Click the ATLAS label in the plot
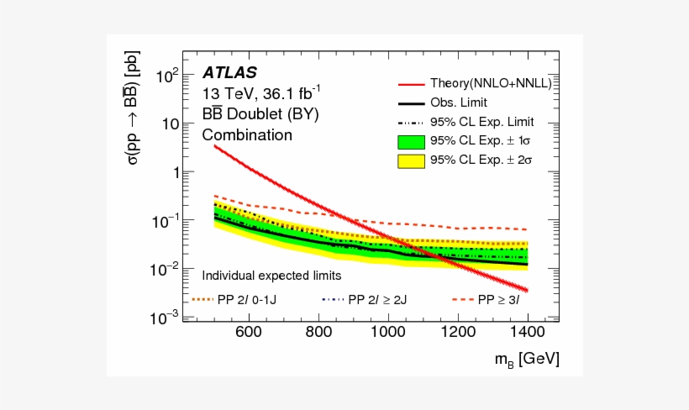click(x=229, y=73)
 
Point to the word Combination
click(x=247, y=134)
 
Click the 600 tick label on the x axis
click(x=248, y=333)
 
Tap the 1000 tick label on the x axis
click(x=387, y=333)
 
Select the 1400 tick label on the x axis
click(x=527, y=333)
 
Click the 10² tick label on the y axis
click(x=169, y=76)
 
